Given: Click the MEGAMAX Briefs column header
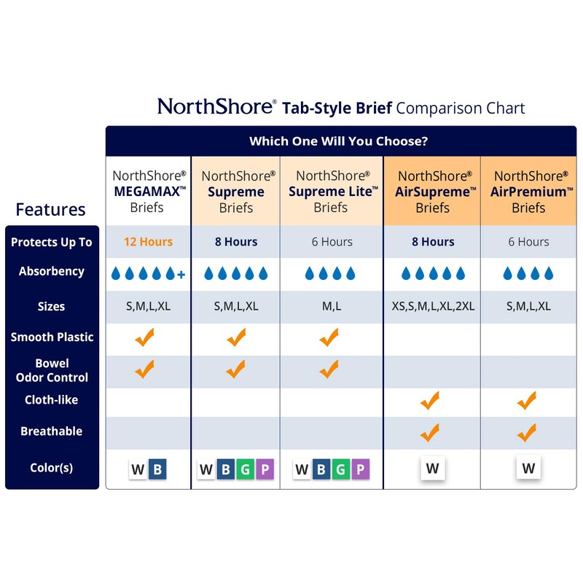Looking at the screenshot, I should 149,191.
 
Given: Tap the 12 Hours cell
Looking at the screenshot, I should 149,242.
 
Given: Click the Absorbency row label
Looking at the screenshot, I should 52,271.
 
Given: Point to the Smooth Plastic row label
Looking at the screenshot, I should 52,337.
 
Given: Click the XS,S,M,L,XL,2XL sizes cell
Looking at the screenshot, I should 432,306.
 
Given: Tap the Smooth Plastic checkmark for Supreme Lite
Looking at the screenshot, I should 329,337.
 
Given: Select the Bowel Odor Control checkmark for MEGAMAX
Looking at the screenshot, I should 145,369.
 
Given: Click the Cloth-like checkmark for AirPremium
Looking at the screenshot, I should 526,400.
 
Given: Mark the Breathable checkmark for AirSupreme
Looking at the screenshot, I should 430,432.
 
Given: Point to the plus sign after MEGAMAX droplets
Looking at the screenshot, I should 181,274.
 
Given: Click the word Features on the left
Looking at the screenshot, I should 50,210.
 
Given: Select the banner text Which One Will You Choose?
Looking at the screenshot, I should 338,141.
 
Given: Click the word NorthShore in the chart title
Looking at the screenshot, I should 215,107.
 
